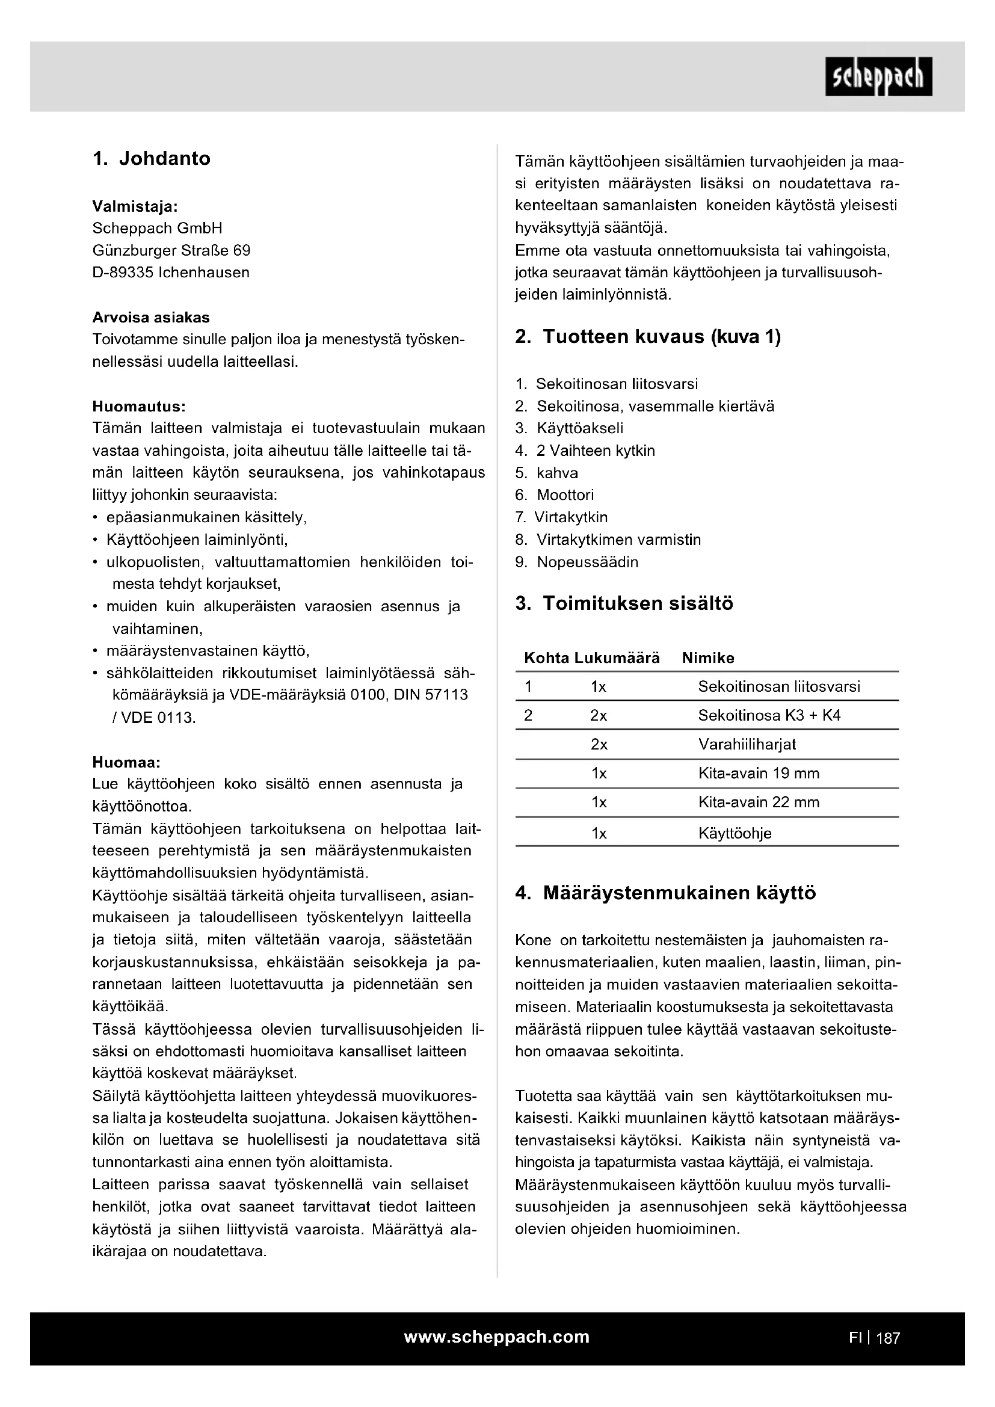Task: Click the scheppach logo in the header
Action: click(878, 76)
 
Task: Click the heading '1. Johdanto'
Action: click(152, 159)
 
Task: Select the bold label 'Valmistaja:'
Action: click(135, 206)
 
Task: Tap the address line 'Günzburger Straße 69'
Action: click(171, 251)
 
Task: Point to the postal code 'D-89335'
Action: click(123, 272)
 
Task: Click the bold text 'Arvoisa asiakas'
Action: click(151, 318)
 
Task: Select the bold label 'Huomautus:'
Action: click(138, 406)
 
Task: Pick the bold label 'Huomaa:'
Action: click(126, 762)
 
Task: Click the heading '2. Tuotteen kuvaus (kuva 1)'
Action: click(648, 337)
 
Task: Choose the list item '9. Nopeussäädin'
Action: click(576, 562)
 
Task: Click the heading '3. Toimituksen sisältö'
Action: click(624, 603)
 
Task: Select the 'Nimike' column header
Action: click(707, 658)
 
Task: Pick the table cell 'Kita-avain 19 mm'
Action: click(759, 774)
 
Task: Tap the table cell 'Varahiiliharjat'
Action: click(747, 745)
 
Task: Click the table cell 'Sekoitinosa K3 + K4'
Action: click(769, 716)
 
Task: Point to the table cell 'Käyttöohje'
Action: click(735, 833)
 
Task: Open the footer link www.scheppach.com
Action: click(496, 1337)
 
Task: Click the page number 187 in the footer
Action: click(888, 1338)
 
